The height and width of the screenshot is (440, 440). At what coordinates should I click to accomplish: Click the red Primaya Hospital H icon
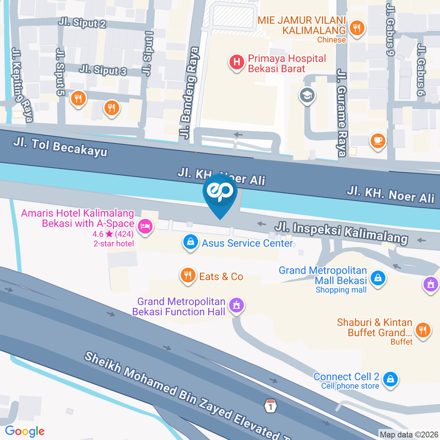pyautogui.click(x=236, y=63)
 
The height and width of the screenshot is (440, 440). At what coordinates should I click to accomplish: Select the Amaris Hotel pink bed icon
pyautogui.click(x=145, y=226)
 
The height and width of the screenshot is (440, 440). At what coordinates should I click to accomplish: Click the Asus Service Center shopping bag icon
pyautogui.click(x=190, y=242)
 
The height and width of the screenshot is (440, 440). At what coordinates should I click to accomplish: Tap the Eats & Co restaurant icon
pyautogui.click(x=187, y=276)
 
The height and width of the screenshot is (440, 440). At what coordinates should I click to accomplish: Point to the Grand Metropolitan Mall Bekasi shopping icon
pyautogui.click(x=378, y=277)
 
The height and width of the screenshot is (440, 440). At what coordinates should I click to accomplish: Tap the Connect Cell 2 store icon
pyautogui.click(x=391, y=379)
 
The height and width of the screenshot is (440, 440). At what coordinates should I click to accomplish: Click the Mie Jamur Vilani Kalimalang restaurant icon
pyautogui.click(x=356, y=29)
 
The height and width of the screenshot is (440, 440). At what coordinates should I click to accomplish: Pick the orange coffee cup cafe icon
pyautogui.click(x=378, y=140)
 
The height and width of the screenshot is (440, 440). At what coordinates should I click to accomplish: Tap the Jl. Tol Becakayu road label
pyautogui.click(x=60, y=146)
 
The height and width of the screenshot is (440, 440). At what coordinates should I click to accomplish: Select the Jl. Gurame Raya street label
pyautogui.click(x=342, y=113)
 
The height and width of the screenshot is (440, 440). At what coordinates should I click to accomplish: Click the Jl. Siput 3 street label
pyautogui.click(x=103, y=70)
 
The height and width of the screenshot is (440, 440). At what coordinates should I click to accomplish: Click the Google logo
pyautogui.click(x=25, y=431)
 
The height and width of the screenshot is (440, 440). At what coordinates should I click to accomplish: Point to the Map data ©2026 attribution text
pyautogui.click(x=409, y=434)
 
